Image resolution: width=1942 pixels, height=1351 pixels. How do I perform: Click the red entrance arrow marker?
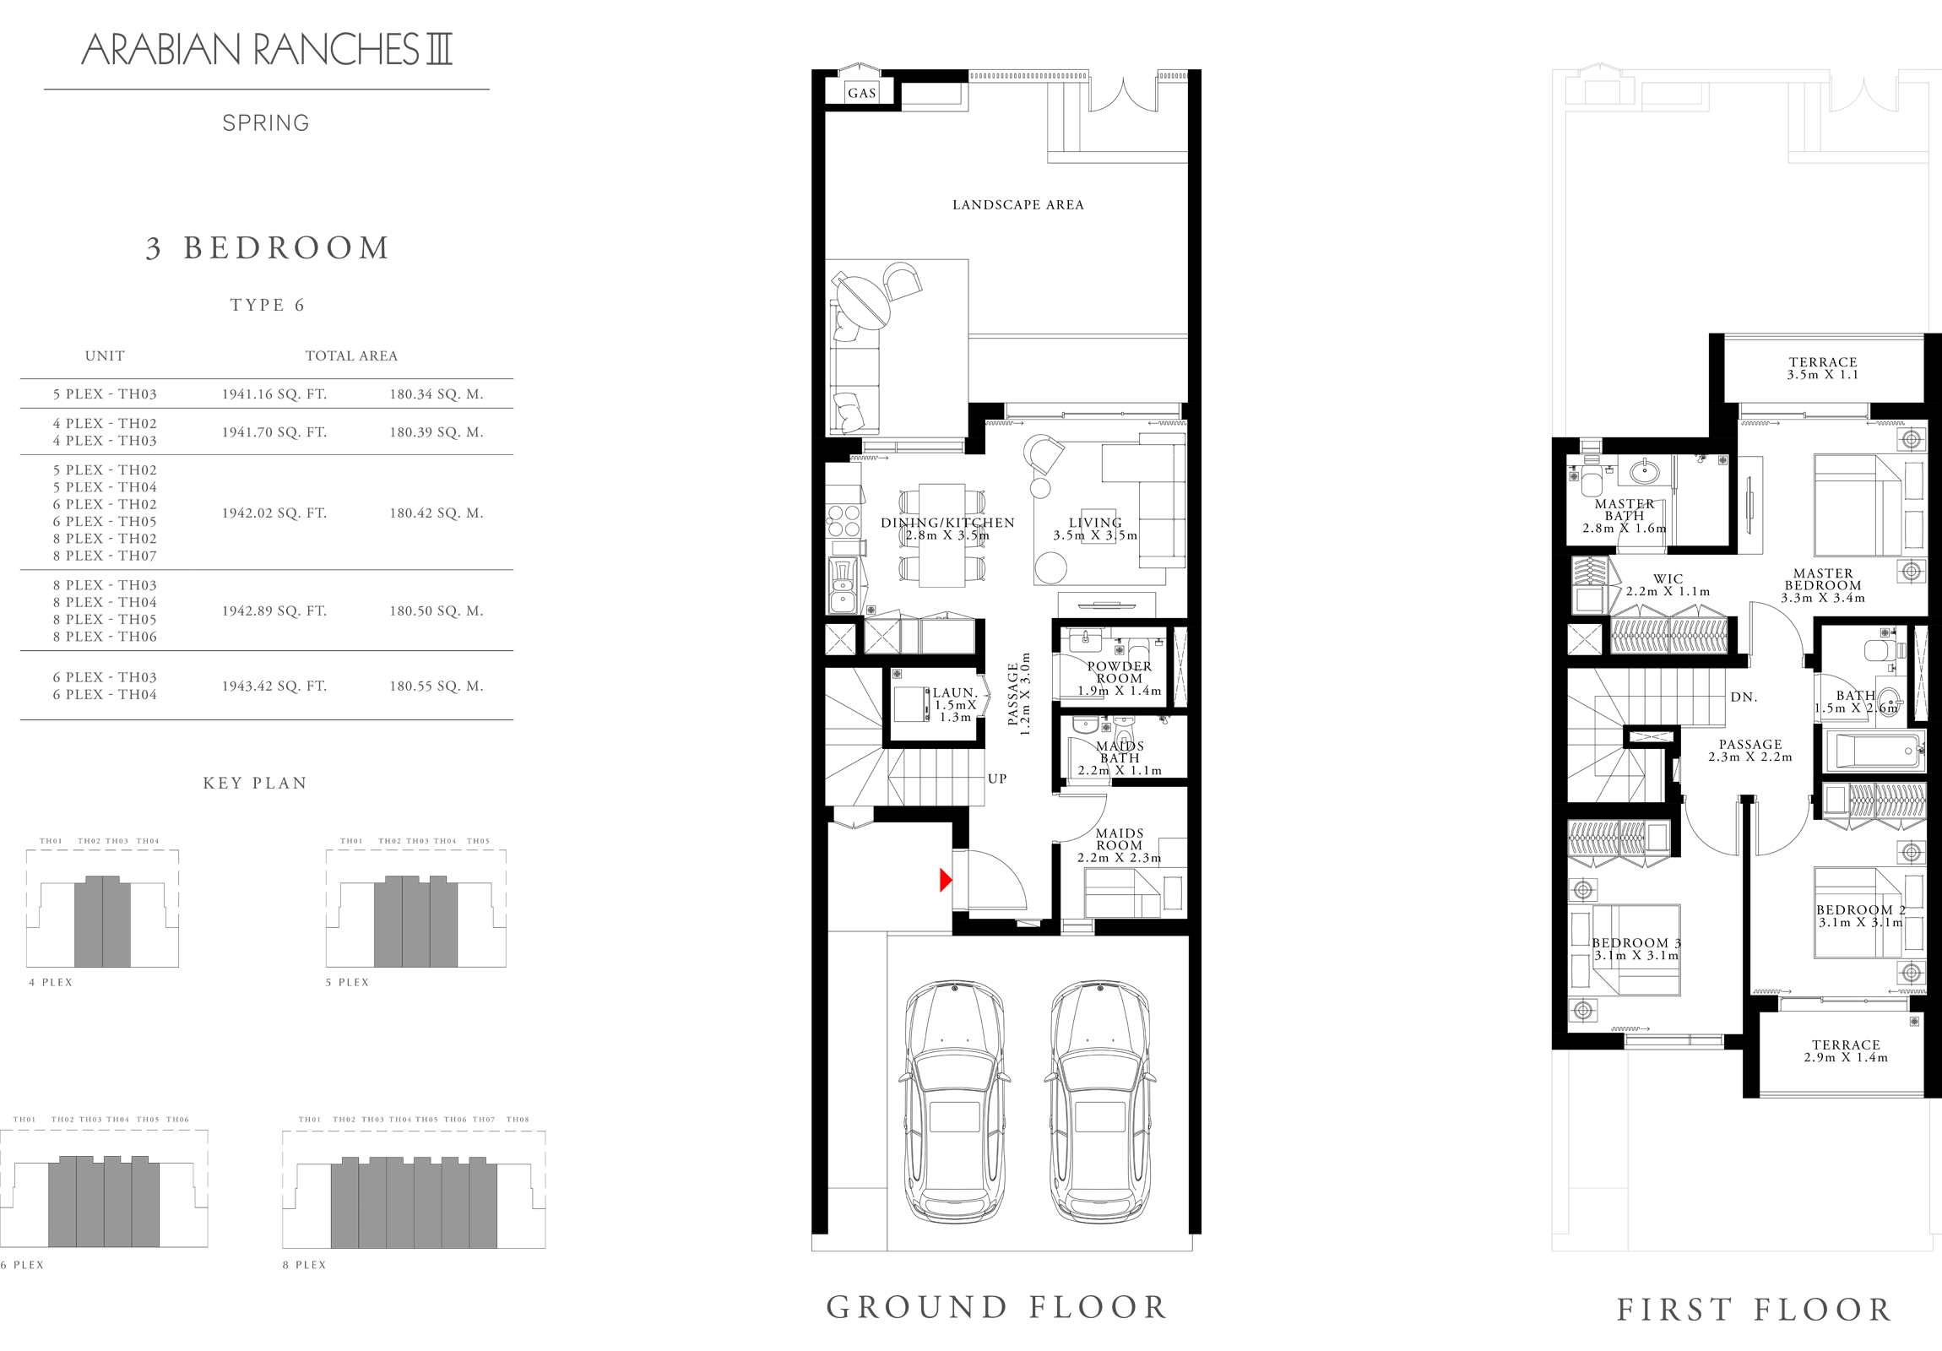[946, 880]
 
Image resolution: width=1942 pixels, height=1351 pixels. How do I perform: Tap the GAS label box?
[862, 93]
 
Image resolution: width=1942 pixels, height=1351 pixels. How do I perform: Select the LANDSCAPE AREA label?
[1017, 204]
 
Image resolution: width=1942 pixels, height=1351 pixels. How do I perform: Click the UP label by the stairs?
[997, 779]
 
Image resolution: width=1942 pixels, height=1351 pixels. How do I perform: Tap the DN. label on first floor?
[1744, 697]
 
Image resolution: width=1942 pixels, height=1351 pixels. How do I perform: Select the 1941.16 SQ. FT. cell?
[274, 394]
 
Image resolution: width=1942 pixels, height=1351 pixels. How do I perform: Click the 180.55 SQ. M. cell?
[436, 686]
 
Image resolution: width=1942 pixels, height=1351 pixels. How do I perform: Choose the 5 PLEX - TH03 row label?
[105, 394]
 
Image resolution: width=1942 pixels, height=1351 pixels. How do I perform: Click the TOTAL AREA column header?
[351, 356]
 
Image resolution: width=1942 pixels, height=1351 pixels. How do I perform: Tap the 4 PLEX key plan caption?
[51, 982]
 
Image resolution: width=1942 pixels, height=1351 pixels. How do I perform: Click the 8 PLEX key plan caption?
[305, 1265]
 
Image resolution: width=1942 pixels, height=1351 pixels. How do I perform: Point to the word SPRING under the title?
[266, 123]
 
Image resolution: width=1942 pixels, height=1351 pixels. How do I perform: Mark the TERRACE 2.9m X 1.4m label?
[1846, 1050]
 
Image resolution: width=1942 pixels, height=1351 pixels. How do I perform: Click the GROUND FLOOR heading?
[997, 1307]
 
